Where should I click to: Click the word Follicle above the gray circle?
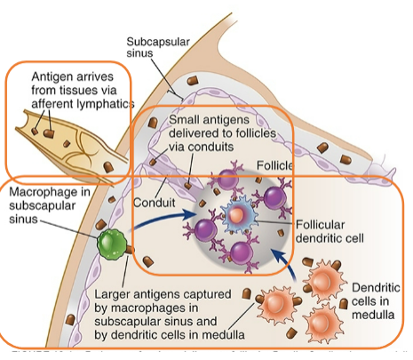pos(276,166)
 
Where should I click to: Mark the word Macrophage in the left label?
pos(44,191)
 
